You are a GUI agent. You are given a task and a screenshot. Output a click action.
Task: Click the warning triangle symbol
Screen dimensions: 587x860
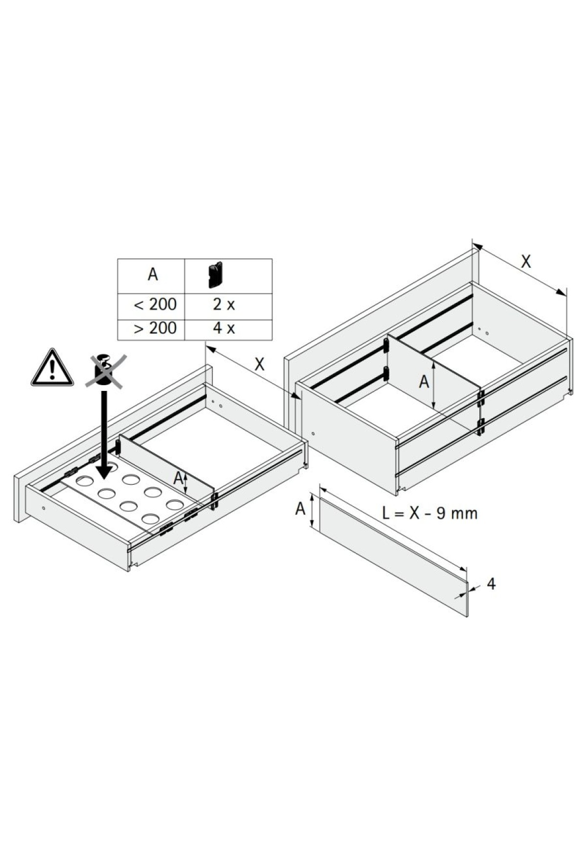[52, 367]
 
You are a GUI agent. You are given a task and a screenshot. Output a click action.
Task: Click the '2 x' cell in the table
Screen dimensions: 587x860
[224, 305]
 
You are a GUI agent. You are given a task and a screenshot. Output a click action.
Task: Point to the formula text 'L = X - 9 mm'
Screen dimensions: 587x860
[429, 514]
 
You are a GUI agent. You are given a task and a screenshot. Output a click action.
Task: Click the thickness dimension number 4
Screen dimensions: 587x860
[492, 583]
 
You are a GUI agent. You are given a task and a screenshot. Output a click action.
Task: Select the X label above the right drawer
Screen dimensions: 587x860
[526, 262]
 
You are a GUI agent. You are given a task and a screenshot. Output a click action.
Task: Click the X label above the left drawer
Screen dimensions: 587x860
[260, 364]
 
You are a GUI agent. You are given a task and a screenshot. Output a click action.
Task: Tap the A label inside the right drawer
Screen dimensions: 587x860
[424, 382]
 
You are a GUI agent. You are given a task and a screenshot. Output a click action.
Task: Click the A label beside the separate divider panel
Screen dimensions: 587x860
[300, 509]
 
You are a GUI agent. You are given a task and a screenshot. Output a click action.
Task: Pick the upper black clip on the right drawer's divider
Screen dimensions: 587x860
[386, 346]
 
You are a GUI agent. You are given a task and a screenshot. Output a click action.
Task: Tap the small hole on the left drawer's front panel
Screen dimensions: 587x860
[44, 508]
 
